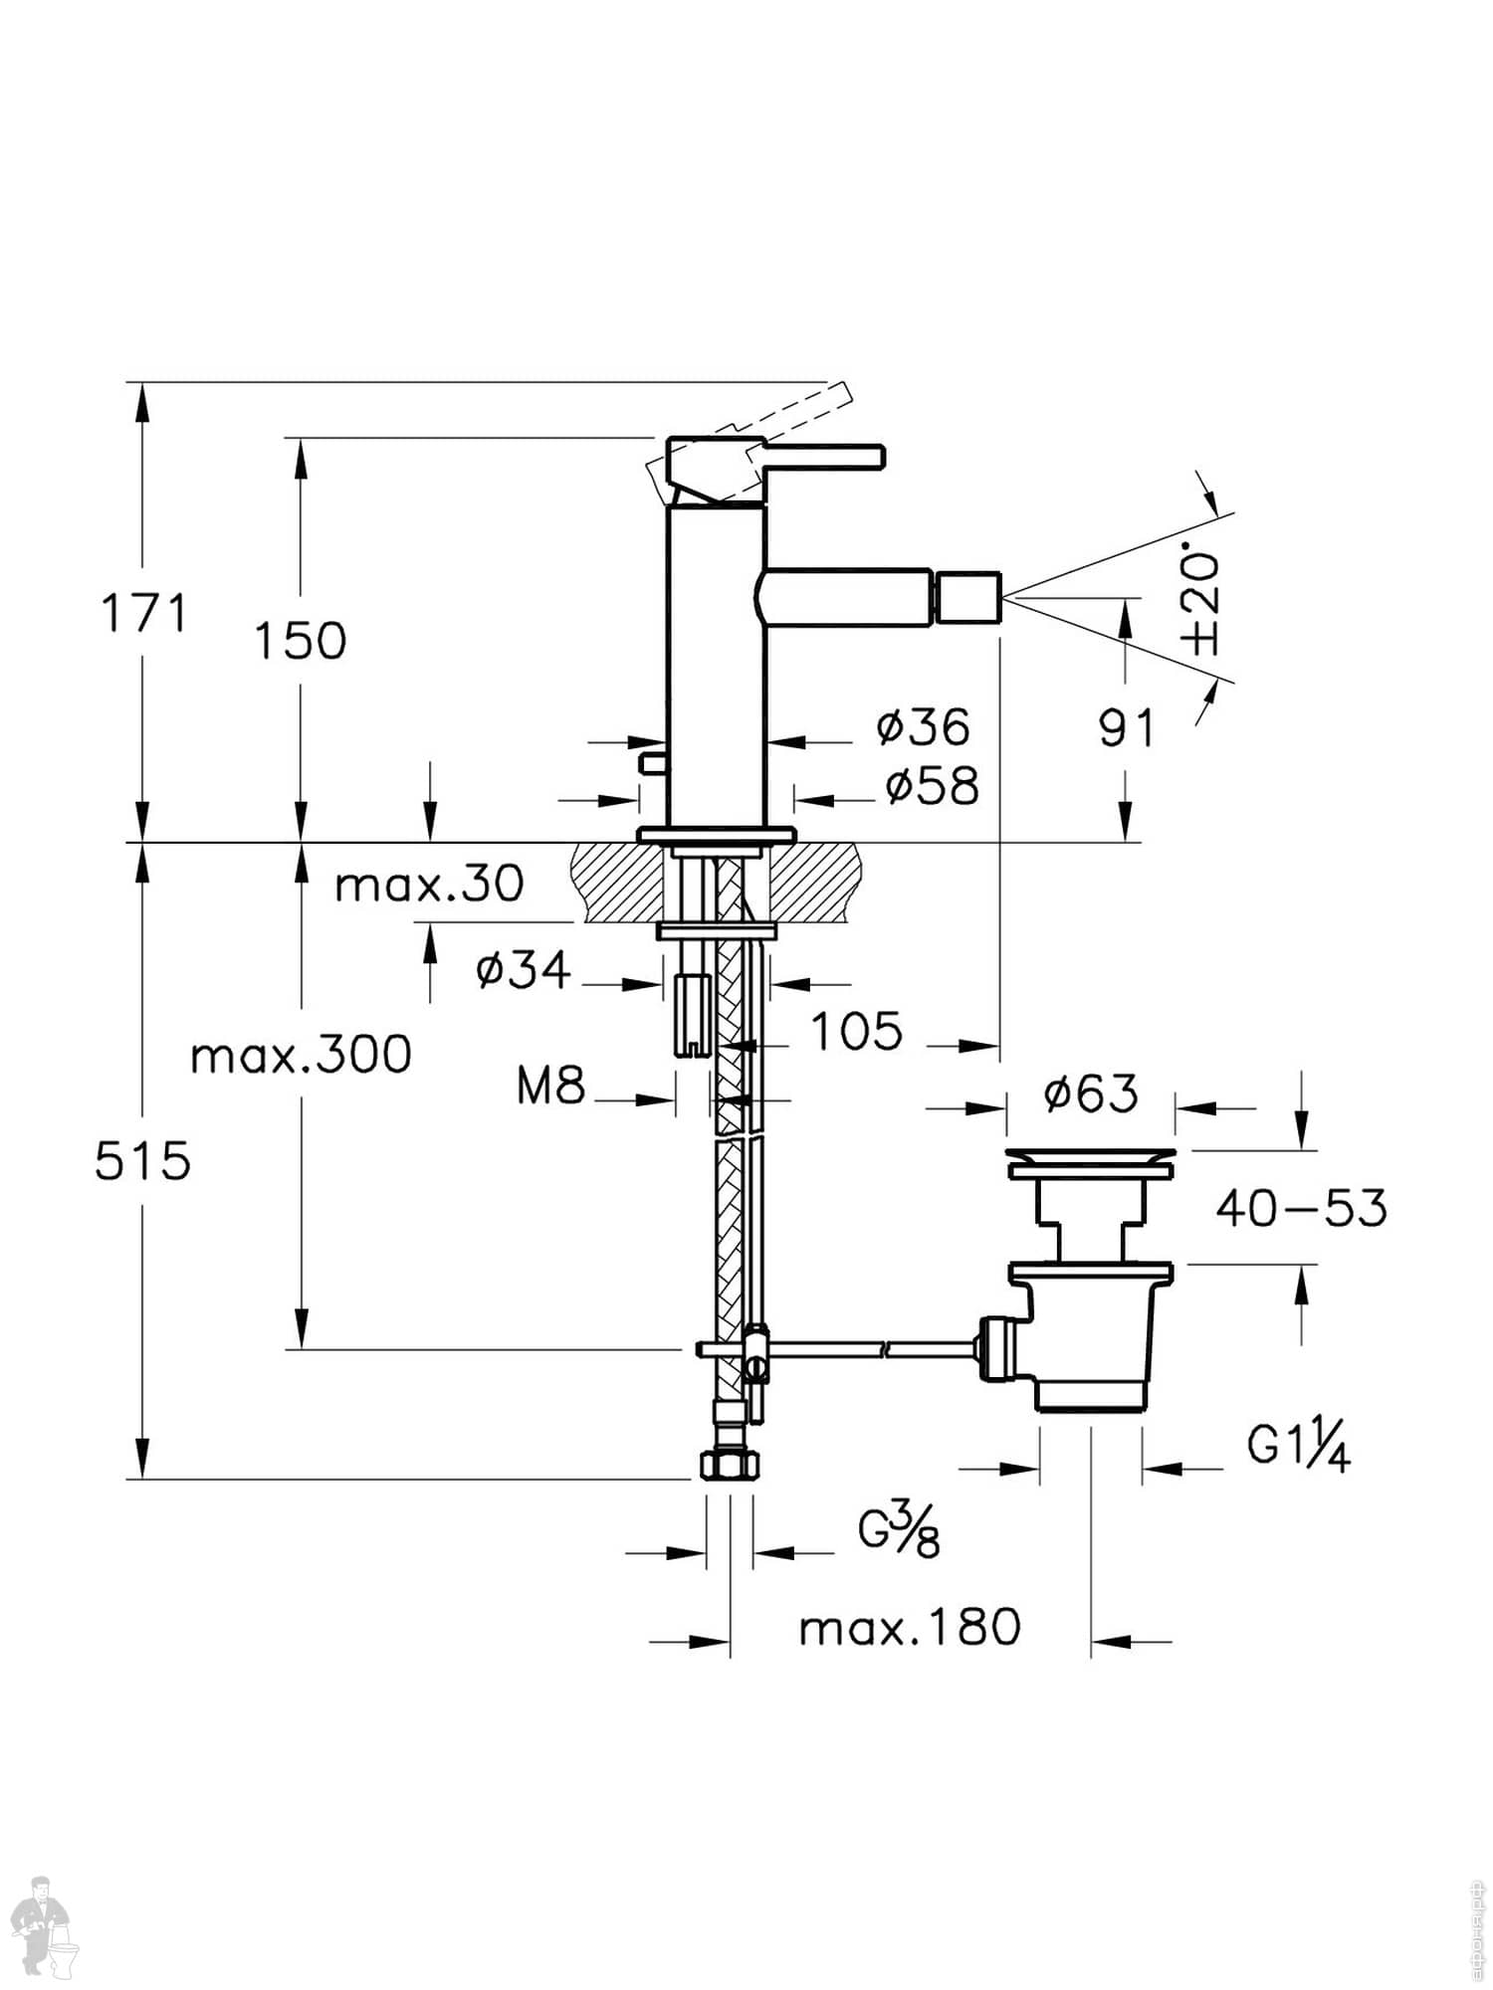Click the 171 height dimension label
tap(144, 613)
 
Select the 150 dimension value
tap(301, 641)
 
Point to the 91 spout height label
tap(1127, 728)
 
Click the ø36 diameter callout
tap(923, 727)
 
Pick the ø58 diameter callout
tap(932, 786)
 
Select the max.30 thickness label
tap(429, 884)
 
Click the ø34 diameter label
tap(524, 970)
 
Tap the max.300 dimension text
tap(301, 1055)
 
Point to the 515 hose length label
tap(142, 1160)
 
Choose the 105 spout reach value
tap(857, 1032)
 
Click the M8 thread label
tap(550, 1086)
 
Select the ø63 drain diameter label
tap(1090, 1094)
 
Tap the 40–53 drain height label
tap(1301, 1209)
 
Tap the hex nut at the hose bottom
tap(729, 1467)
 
